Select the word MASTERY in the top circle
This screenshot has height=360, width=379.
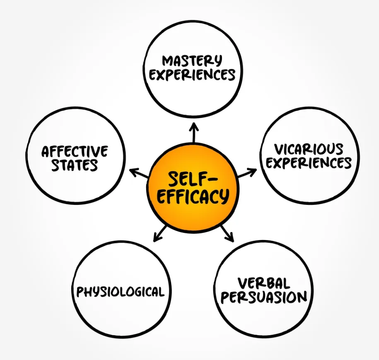(x=192, y=61)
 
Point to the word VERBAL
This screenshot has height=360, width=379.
(x=263, y=283)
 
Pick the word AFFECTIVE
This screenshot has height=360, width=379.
(x=75, y=151)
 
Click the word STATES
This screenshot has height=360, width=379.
(x=75, y=165)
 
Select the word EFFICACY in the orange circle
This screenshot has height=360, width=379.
(x=193, y=196)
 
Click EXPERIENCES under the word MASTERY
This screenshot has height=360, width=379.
(x=192, y=75)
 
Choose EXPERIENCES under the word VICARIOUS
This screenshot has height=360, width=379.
(x=309, y=163)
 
